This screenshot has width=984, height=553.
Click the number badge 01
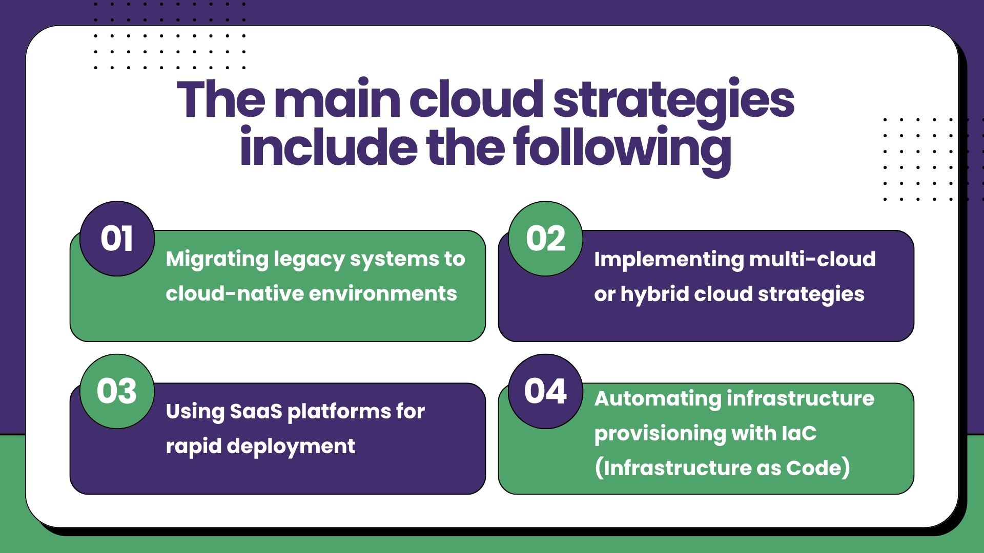point(117,239)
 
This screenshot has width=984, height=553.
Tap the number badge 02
point(545,239)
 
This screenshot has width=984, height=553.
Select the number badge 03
point(117,391)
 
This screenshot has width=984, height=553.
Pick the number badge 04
point(545,391)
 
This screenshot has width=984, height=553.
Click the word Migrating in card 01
point(217,260)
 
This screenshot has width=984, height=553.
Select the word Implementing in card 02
point(668,260)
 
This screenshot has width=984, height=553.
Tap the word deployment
point(291,446)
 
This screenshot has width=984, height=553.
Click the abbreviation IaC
point(799,434)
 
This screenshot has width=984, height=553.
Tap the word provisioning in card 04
point(660,434)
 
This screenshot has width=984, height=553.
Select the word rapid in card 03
point(194,446)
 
